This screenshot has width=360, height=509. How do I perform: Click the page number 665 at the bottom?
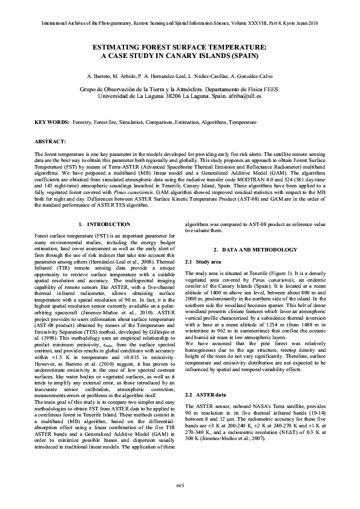click(x=180, y=485)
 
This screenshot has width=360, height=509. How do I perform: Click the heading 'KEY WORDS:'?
click(x=52, y=122)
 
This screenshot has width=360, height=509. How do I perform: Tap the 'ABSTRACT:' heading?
click(x=50, y=141)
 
